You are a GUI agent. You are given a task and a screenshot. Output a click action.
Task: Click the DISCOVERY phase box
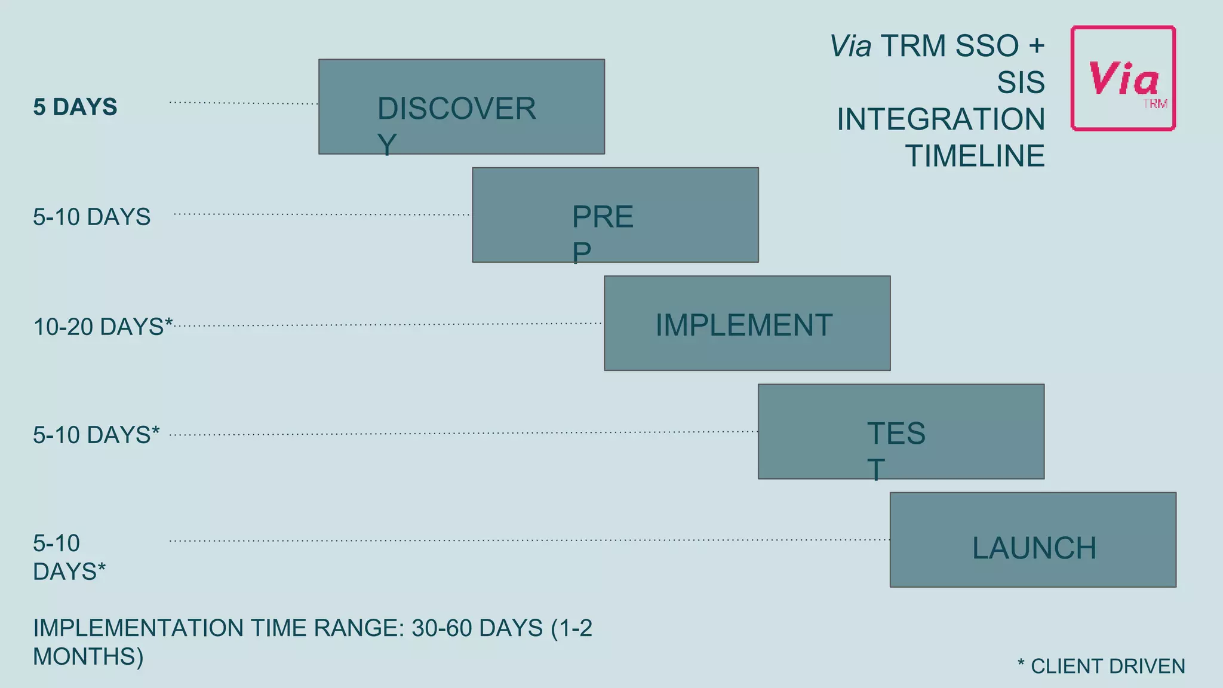coord(461,106)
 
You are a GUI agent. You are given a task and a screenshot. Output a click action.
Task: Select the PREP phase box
coord(615,215)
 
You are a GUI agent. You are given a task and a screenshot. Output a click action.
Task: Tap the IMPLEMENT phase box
coord(746,323)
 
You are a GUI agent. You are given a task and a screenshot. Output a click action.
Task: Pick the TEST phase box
coord(901,431)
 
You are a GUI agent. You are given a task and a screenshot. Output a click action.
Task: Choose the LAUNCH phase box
coord(1033,540)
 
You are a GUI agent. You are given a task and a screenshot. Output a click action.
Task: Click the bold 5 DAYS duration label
coord(75,107)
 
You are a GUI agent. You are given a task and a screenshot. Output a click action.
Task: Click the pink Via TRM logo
coord(1123,78)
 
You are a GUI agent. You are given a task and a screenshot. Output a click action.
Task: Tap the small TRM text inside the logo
coord(1155,105)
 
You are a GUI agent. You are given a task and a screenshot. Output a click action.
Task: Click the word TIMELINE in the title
coord(975,156)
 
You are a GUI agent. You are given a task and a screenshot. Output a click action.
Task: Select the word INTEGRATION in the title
coord(941,119)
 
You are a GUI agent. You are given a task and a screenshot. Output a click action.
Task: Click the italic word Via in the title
coord(850,47)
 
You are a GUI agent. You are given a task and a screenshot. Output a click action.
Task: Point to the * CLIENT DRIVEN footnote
coord(1101,666)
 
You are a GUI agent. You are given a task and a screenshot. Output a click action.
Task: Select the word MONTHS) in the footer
coord(88,656)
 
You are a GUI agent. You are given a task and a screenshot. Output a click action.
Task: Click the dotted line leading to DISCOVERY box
coord(244,103)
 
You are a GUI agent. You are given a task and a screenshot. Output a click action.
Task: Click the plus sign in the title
coord(1036,46)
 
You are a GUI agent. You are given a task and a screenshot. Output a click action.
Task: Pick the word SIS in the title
coord(1021,82)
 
